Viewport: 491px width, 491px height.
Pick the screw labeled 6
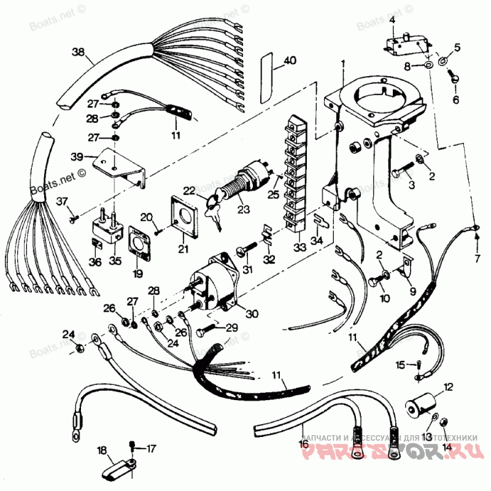pos(454,78)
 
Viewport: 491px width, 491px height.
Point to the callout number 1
pos(343,64)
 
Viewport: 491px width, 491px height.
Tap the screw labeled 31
pos(244,252)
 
